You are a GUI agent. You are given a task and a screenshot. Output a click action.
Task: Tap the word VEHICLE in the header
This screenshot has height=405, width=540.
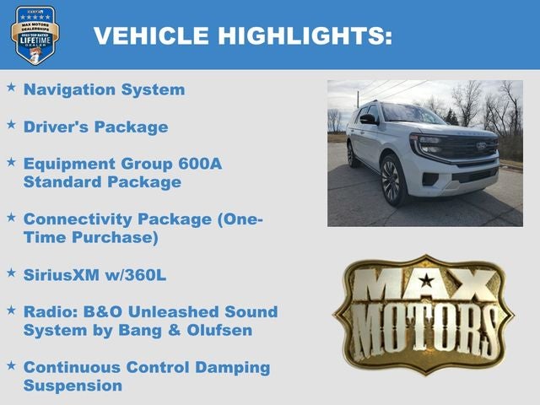pos(150,35)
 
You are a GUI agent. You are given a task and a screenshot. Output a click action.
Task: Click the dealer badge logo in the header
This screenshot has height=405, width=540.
pos(35,35)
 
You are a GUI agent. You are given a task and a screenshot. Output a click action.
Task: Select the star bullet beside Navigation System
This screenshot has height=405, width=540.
pos(11,87)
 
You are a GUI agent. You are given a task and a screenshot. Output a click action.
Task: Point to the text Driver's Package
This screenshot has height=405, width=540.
pos(95,127)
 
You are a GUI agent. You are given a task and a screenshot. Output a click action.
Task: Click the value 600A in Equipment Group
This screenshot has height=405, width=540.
pos(199,163)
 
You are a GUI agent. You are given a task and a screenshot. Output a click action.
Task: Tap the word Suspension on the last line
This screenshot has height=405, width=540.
pos(73,386)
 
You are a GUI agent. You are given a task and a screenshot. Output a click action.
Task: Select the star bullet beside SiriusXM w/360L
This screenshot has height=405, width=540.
pos(11,273)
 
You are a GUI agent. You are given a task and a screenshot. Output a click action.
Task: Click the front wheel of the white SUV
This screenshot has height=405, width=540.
pos(390,179)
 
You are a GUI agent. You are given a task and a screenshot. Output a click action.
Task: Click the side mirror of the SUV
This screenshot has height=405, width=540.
pos(368,119)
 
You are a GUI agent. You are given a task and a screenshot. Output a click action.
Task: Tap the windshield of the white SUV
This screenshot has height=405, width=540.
pos(413,113)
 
